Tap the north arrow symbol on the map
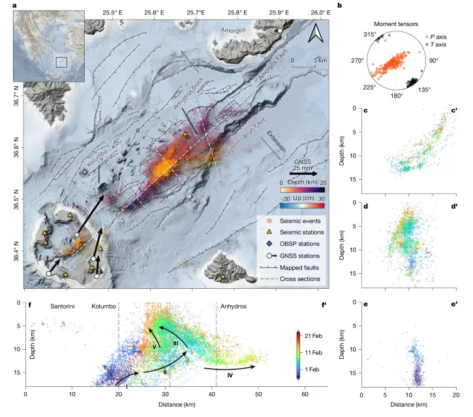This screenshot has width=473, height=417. [316, 33]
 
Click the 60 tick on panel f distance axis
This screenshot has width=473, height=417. [305, 395]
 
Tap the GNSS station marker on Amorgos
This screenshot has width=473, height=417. [280, 31]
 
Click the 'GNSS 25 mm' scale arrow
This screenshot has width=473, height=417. [302, 175]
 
